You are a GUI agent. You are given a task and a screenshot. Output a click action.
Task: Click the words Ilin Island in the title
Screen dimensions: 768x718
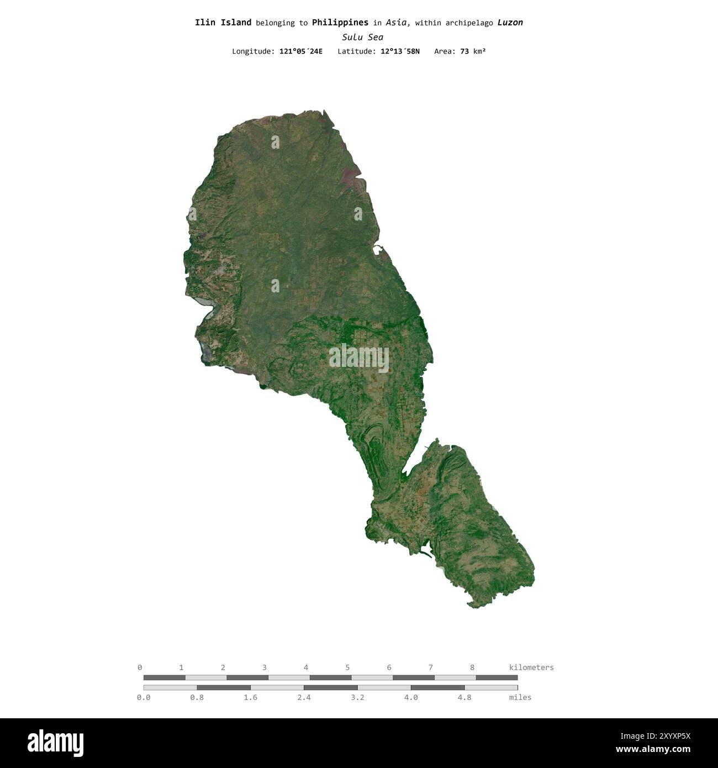tap(223, 23)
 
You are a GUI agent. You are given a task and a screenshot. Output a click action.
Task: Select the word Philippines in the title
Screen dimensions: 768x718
tap(340, 23)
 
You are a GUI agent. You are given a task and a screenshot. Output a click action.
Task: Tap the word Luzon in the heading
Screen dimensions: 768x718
tap(510, 23)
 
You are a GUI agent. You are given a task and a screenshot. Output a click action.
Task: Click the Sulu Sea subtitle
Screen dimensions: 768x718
tap(362, 38)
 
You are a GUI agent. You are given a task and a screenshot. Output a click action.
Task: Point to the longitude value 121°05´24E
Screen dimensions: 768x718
tap(301, 51)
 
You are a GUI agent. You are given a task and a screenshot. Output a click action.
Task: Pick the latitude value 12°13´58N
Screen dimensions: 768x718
tap(400, 51)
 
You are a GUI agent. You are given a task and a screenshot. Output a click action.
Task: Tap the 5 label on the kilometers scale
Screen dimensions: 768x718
tap(347, 667)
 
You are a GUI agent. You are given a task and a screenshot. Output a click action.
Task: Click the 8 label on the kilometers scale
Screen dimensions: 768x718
tap(472, 667)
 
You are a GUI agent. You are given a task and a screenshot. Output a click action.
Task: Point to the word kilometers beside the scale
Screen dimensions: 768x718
tap(531, 667)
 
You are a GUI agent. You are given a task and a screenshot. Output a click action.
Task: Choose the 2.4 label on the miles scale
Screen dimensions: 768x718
tap(304, 697)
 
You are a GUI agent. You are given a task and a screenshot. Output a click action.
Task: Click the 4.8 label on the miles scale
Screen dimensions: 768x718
tap(464, 697)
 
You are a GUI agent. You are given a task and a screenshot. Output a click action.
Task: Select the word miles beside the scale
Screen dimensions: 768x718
tap(520, 697)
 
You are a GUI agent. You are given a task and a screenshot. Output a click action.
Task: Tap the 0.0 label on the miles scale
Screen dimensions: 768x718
tap(144, 697)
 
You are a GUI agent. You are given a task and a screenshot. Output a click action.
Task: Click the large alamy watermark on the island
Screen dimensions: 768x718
tap(359, 357)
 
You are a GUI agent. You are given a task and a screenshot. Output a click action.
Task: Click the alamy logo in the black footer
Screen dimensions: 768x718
tap(56, 743)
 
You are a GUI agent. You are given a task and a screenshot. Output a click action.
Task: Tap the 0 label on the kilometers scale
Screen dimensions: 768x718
tap(140, 667)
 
